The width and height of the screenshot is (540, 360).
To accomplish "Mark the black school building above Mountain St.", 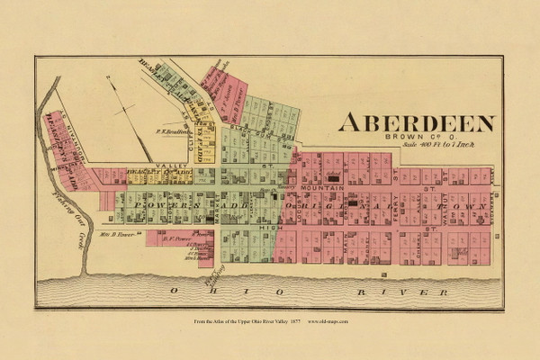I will (334, 179).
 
